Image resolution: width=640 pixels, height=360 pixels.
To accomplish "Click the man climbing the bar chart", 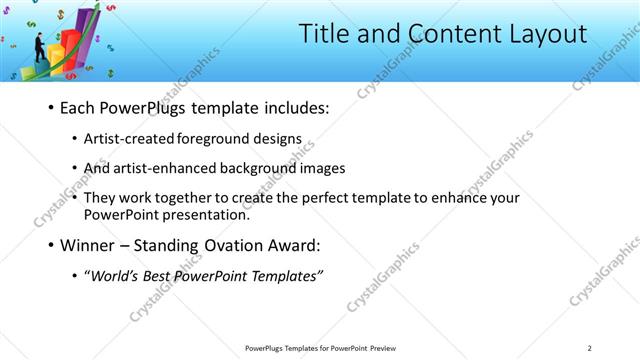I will point(39,48).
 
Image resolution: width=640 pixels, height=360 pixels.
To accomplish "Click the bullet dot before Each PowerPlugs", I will point(50,108).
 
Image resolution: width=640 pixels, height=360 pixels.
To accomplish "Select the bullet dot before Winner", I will point(50,244).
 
